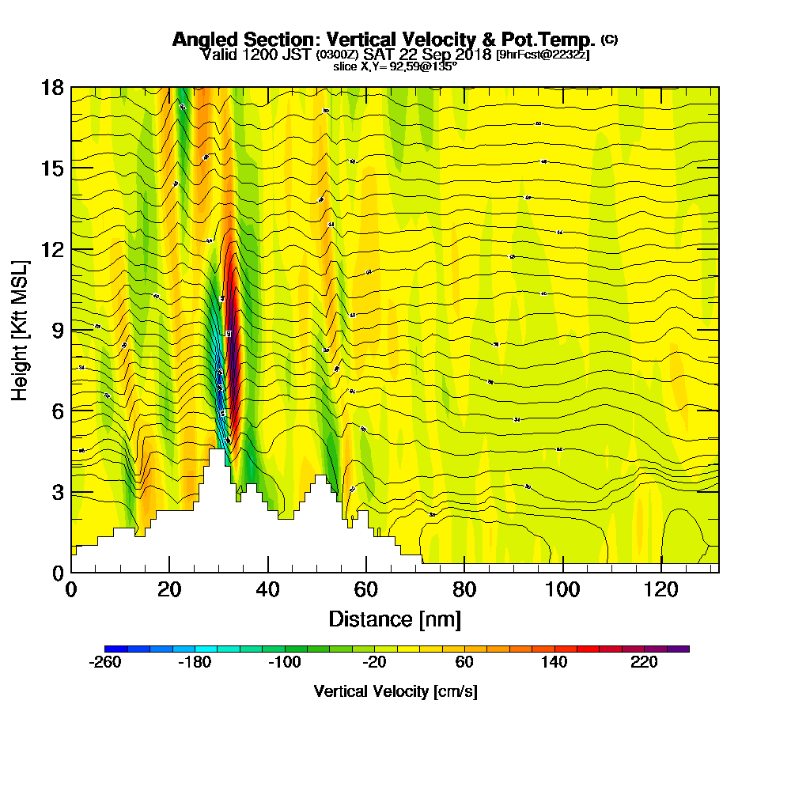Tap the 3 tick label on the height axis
point(56,491)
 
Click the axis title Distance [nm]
point(395,619)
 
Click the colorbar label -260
point(105,663)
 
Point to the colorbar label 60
point(464,663)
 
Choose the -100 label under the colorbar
point(285,663)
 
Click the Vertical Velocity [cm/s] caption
point(395,691)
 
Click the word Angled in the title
point(199,40)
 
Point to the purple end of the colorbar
point(683,649)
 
